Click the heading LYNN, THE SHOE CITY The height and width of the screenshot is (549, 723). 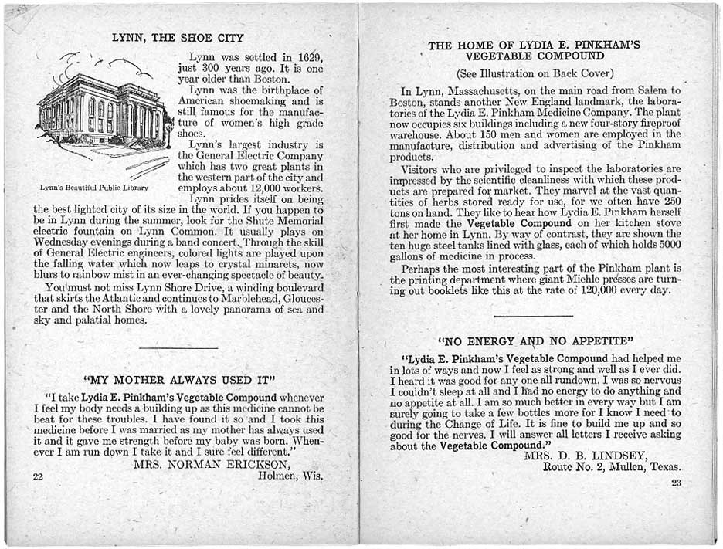pos(178,38)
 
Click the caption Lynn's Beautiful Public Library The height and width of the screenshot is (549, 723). pos(94,188)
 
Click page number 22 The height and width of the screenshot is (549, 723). pos(38,476)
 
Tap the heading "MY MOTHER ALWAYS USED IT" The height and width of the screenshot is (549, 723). pos(179,380)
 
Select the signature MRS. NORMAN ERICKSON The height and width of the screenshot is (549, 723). pos(212,465)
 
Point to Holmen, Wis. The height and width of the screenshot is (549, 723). pos(290,476)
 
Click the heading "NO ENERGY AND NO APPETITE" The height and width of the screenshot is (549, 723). pos(536,341)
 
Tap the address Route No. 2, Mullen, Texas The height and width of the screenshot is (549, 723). pos(612,467)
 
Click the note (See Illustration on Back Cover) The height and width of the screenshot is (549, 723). pos(535,74)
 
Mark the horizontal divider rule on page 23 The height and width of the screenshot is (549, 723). pos(533,316)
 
